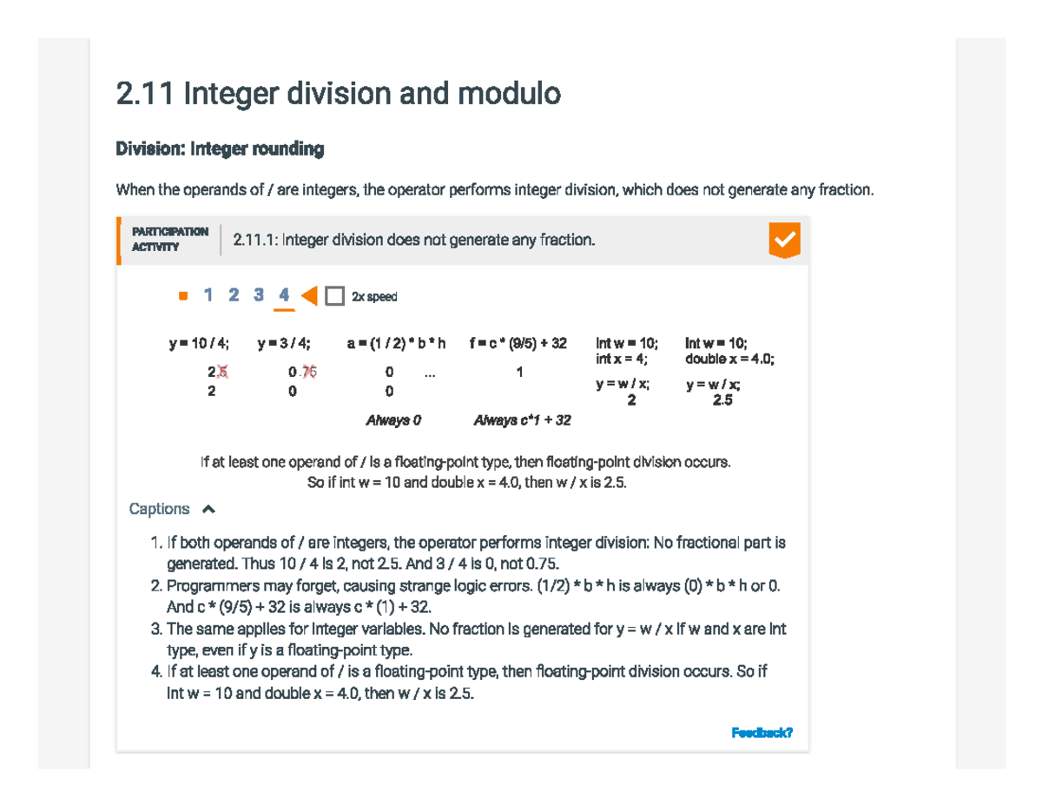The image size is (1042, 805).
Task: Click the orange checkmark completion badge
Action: (x=784, y=240)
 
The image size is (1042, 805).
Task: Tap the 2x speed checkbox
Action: (x=335, y=296)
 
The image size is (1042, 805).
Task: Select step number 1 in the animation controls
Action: (x=208, y=295)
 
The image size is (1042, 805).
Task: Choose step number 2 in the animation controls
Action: (x=234, y=295)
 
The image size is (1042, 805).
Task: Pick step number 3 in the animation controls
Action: (x=259, y=295)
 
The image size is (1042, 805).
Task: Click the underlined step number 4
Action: (x=284, y=295)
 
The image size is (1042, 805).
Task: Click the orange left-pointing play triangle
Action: (x=309, y=296)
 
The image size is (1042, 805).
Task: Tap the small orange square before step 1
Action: (x=182, y=296)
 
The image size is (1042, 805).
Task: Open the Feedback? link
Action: (x=762, y=733)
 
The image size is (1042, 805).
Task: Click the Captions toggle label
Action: (x=159, y=509)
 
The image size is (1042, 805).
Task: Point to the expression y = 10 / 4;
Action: (x=199, y=344)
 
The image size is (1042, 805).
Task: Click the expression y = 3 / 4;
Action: (x=284, y=344)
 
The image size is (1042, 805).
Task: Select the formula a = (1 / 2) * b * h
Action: (x=396, y=344)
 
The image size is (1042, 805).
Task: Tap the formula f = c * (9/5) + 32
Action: (x=518, y=344)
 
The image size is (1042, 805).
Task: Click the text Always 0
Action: (x=392, y=420)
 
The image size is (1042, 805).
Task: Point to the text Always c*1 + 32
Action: (x=522, y=420)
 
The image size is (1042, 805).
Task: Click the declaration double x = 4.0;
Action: (x=729, y=358)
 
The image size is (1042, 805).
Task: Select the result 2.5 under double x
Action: (x=722, y=400)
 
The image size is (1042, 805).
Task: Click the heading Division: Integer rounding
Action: (x=220, y=149)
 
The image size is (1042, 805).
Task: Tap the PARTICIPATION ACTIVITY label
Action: (x=169, y=239)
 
